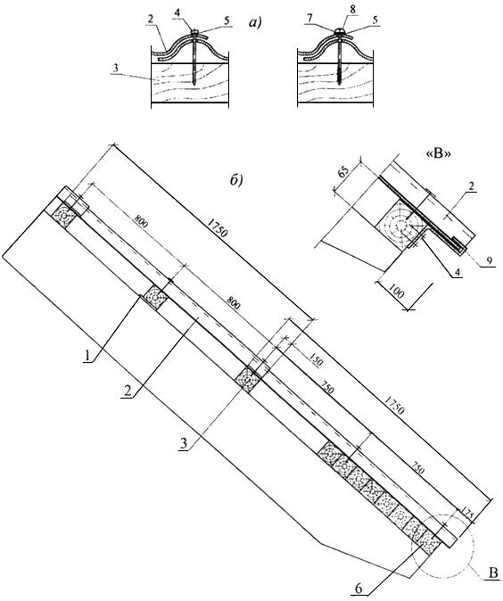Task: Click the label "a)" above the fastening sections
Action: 254,23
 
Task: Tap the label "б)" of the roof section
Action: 236,180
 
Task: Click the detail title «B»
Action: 438,154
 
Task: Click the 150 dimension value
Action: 316,360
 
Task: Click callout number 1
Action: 87,356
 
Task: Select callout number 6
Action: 359,589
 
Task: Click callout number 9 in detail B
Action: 490,260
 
